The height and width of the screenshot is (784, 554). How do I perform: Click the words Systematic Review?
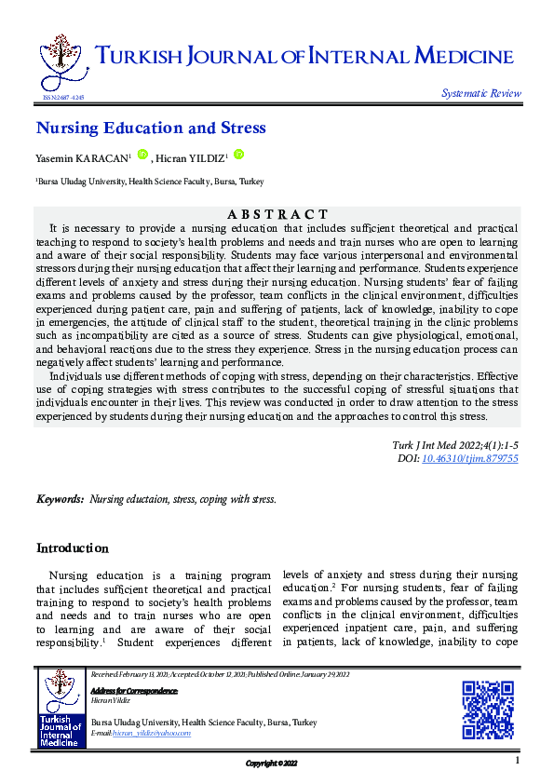click(481, 93)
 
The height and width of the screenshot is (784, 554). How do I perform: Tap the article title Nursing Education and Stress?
click(151, 128)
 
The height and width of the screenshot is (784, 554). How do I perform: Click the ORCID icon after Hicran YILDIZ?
click(238, 155)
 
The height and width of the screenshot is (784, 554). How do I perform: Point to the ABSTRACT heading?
click(277, 215)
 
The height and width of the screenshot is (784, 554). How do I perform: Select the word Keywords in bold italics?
click(61, 500)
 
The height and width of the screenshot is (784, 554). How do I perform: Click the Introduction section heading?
click(72, 548)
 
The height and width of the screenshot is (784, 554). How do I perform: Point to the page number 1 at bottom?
click(516, 761)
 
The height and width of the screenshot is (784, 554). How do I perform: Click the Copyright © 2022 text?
click(271, 764)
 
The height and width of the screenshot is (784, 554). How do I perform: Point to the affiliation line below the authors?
click(137, 182)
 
